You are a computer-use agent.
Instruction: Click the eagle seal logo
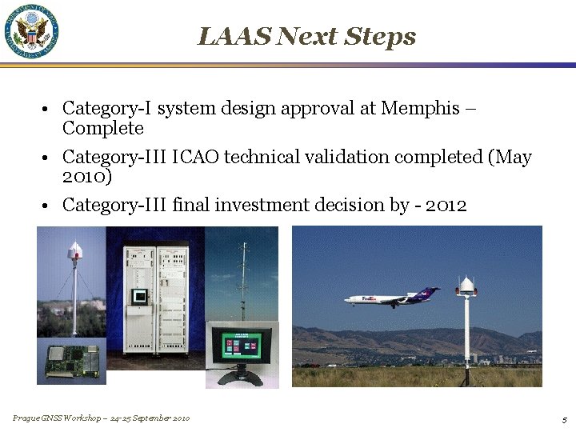point(32,31)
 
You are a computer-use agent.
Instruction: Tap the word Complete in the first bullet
point(102,128)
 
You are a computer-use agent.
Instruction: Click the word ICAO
point(195,157)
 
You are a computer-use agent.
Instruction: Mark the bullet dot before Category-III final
point(49,206)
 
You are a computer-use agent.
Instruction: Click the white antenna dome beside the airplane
point(466,285)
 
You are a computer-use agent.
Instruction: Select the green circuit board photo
point(71,361)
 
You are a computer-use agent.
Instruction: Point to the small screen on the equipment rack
point(140,297)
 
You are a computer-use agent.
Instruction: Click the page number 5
point(564,419)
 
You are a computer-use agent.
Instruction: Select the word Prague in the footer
point(25,418)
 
